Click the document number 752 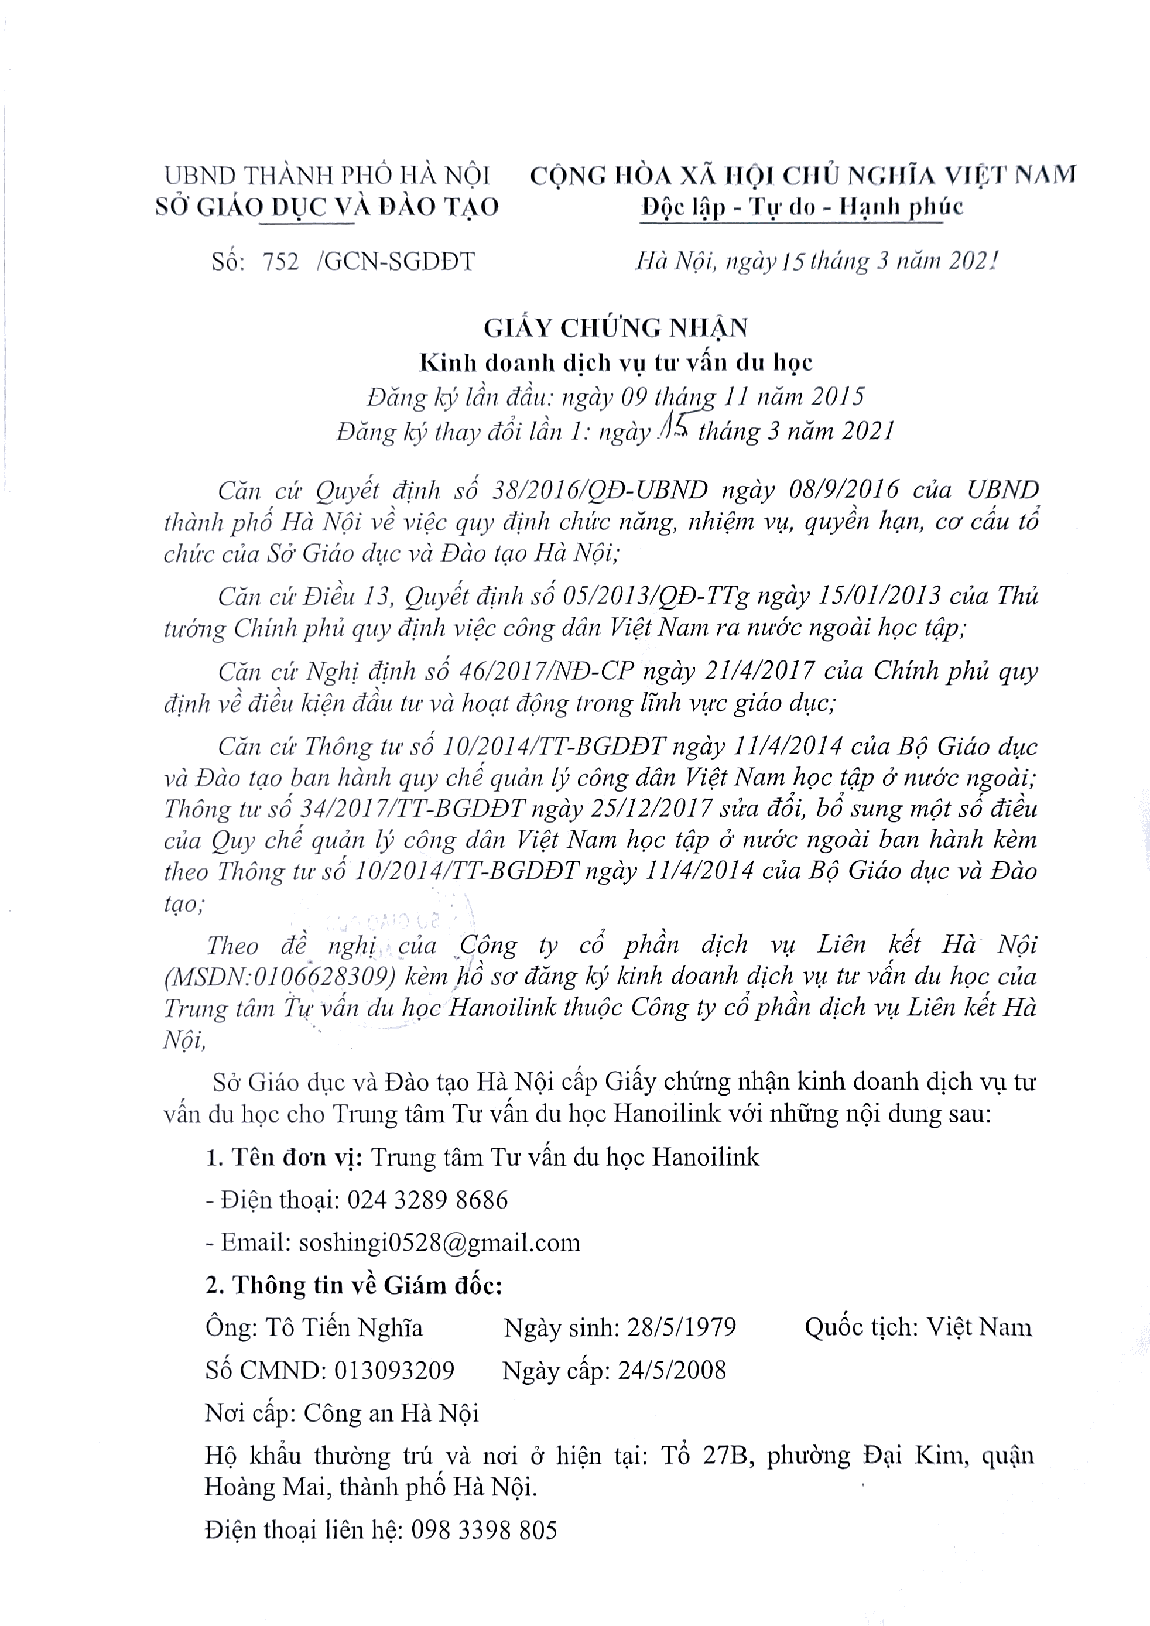(x=280, y=262)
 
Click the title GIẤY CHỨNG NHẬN (x=616, y=328)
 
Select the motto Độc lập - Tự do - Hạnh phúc (x=802, y=206)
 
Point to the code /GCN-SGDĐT (x=396, y=262)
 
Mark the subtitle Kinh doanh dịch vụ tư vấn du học (x=616, y=362)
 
